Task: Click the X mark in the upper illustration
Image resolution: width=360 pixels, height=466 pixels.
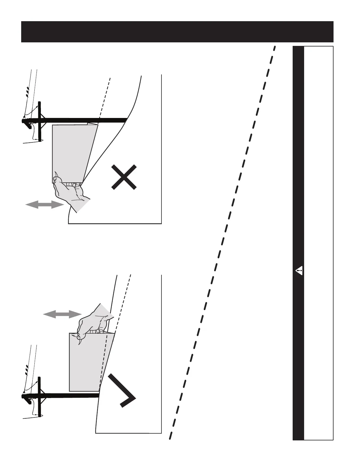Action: (124, 177)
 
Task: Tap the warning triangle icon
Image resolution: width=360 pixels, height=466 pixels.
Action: (299, 270)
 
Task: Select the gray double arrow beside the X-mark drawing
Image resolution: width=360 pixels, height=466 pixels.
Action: (45, 204)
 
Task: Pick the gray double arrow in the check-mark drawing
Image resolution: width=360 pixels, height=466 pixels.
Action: (62, 314)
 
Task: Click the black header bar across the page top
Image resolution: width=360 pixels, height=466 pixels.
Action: (177, 32)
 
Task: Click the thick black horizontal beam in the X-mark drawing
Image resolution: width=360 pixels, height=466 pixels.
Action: (85, 120)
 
